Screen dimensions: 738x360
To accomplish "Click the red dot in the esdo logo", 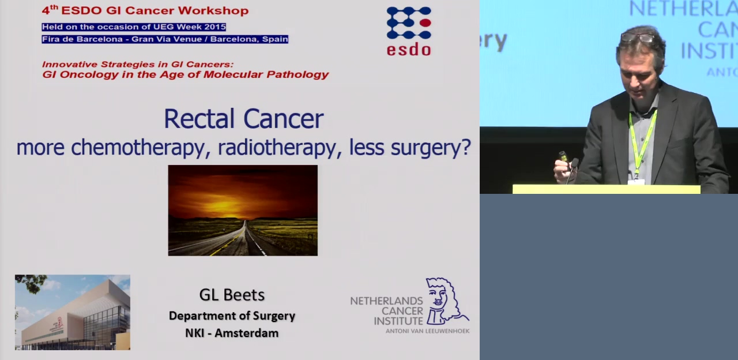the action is click(x=425, y=22).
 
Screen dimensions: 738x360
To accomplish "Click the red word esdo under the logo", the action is click(x=409, y=49).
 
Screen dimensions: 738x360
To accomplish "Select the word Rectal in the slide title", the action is click(x=199, y=119).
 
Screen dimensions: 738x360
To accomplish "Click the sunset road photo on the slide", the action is click(x=243, y=211).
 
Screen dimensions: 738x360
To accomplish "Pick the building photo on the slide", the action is click(x=73, y=312).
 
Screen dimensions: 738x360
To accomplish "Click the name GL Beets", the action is click(x=232, y=295).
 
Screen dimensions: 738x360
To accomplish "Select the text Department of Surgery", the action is click(x=232, y=316).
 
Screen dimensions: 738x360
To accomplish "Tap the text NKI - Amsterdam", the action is click(x=232, y=333).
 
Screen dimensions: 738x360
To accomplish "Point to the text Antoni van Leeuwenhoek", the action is click(x=427, y=331).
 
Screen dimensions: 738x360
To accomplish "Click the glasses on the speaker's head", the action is click(x=637, y=38).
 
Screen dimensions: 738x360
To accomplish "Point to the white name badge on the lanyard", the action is click(x=636, y=182).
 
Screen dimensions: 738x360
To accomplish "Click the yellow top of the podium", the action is click(x=606, y=189).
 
